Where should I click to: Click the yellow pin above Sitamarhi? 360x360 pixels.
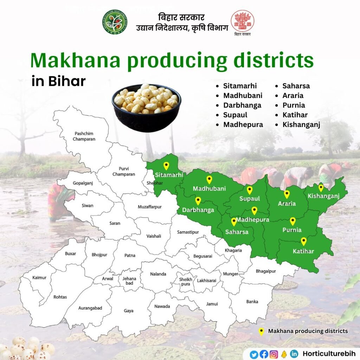[x=166, y=166]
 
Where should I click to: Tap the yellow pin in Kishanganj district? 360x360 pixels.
[x=321, y=188]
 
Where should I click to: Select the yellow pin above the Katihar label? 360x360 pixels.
[x=304, y=241]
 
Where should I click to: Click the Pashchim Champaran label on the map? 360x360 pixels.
[x=84, y=136]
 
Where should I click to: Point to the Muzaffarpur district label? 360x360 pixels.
[x=150, y=207]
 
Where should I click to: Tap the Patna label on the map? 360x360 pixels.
[x=130, y=255]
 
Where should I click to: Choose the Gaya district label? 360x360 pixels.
[x=129, y=311]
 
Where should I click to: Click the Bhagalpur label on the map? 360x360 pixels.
[x=266, y=271]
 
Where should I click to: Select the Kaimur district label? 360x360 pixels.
[x=39, y=277]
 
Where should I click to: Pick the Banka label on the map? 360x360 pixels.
[x=252, y=301]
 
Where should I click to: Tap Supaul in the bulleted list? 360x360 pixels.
[x=235, y=115]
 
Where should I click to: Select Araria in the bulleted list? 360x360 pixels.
[x=293, y=95]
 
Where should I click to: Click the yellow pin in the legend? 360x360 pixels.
[x=261, y=331]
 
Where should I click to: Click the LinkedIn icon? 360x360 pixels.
[x=294, y=354]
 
